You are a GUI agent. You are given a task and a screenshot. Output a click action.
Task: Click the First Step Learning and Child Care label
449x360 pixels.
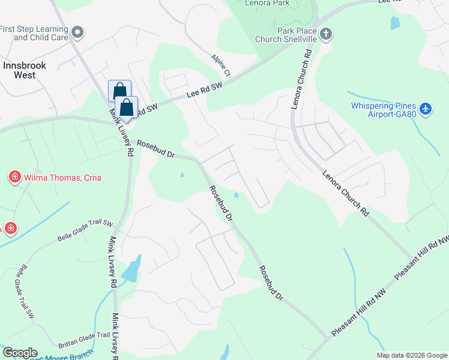(34, 33)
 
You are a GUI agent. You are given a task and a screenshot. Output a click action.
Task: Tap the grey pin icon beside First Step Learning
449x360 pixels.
(77, 31)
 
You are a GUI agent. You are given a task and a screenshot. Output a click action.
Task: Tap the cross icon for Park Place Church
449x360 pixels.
(326, 33)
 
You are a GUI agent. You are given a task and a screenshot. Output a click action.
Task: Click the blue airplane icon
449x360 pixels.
(426, 109)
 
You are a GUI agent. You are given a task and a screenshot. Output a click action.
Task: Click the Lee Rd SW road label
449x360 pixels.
(204, 91)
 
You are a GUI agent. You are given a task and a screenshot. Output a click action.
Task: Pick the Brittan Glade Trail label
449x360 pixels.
(84, 340)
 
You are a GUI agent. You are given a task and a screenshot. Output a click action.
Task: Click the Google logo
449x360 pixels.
(19, 353)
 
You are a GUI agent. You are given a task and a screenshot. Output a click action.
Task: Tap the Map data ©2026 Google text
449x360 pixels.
(412, 355)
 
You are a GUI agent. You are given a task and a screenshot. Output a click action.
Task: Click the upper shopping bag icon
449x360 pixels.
(119, 91)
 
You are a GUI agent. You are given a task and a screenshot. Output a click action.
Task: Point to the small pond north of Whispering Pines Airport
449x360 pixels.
(394, 23)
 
